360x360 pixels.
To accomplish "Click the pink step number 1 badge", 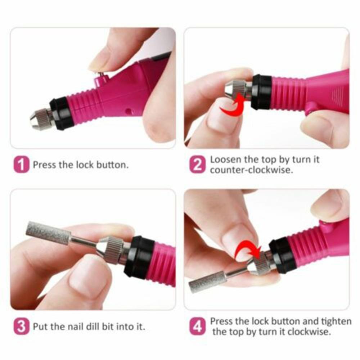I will pyautogui.click(x=21, y=165).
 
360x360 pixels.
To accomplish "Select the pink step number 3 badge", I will pyautogui.click(x=21, y=327).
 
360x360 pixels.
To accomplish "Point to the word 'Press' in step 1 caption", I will pyautogui.click(x=44, y=165).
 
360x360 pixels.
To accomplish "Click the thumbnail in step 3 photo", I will pyautogui.click(x=86, y=277).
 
